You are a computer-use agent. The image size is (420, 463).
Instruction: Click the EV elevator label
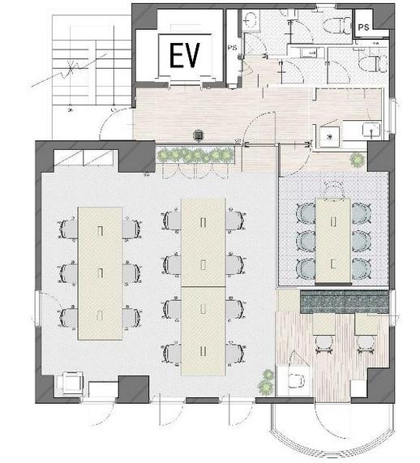pos(185,55)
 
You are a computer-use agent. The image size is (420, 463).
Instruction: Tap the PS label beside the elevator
pos(232,48)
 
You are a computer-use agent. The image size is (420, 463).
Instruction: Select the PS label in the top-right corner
pos(363,28)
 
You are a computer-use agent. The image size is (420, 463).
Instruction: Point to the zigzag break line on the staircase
pos(70,71)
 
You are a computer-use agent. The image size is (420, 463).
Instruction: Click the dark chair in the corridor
pos(199,136)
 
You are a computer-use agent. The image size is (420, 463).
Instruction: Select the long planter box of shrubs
pos(195,154)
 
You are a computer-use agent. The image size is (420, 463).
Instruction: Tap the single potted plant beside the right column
pos(358,160)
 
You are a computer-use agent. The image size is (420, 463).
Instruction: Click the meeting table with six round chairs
pos(333,240)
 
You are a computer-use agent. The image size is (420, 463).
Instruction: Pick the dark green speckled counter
pos(345,302)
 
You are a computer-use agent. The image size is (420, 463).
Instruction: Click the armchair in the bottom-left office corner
pos(73,384)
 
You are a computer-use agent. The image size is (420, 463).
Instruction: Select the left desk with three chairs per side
pos(100,273)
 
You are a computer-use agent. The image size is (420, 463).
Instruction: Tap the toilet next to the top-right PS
pos(336,24)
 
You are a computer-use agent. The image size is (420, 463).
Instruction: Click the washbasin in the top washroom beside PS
pos(251,19)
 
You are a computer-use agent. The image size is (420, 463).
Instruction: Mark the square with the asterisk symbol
pos(330,136)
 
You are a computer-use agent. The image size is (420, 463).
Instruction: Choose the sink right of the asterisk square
pos(371,131)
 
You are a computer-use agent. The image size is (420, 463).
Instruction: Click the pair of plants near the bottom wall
pos(266,382)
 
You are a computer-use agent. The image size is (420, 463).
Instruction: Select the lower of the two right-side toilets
pos(373,64)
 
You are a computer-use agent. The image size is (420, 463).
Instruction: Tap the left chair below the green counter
pos(324,345)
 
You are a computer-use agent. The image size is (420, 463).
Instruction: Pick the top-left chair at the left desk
pos(69,229)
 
